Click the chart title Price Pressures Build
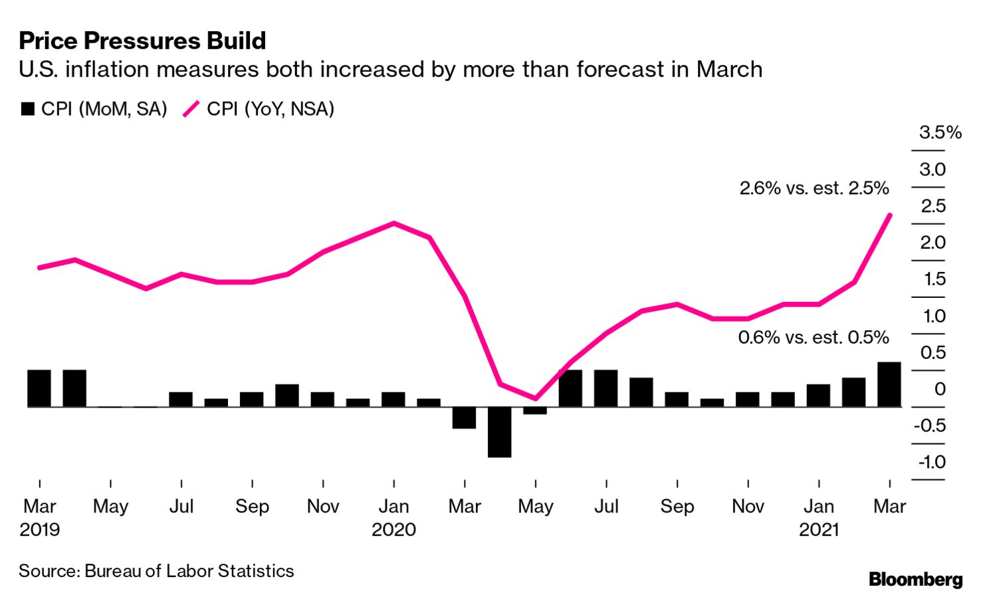142,41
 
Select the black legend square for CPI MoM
27,109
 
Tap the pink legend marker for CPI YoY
191,109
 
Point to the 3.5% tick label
940,133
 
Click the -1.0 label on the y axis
931,462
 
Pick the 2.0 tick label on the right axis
932,243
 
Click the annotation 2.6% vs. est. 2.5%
814,188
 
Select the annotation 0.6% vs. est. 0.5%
813,338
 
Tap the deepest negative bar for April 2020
499,432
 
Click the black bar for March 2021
889,384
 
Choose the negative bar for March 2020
464,418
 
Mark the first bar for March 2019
39,388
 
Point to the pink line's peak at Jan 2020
394,223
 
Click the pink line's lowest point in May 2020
535,398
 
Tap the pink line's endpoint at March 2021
889,215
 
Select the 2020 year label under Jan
393,530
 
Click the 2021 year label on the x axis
819,530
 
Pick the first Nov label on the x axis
323,507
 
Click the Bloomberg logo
915,579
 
